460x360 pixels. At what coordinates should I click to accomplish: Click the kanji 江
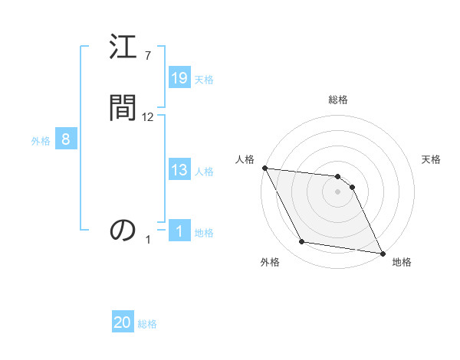[123, 51]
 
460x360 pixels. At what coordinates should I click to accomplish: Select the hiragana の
[123, 229]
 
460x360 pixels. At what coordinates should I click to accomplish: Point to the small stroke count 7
[147, 56]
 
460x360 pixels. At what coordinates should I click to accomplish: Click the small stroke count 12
[148, 117]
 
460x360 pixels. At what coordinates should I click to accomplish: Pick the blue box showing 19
[179, 78]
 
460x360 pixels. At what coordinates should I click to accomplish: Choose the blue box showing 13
[179, 170]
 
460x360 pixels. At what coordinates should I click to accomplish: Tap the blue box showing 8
[66, 139]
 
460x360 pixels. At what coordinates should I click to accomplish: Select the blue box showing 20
[123, 322]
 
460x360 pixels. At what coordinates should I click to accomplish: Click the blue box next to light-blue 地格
[179, 231]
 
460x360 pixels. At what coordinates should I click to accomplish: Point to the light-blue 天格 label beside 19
[204, 80]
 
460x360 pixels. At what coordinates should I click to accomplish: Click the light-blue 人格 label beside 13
[204, 172]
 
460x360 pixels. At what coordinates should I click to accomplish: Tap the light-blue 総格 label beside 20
[147, 324]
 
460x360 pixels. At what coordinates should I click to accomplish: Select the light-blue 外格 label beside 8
[41, 141]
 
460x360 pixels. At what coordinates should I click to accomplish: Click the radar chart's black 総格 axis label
[338, 100]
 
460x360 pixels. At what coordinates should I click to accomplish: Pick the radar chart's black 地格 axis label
[402, 262]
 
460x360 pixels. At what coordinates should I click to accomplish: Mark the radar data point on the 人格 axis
[264, 168]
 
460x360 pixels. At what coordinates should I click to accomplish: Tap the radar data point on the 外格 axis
[302, 243]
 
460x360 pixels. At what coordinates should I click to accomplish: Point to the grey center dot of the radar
[338, 192]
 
